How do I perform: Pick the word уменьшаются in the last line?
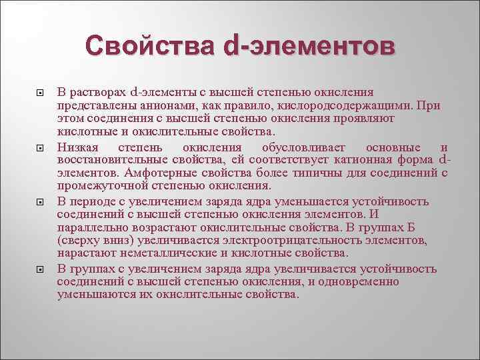(89, 293)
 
